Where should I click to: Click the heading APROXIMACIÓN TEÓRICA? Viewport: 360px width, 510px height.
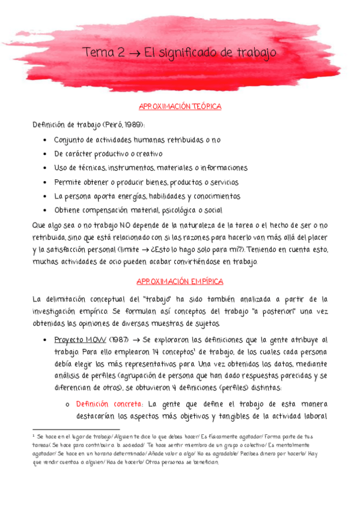coord(180,106)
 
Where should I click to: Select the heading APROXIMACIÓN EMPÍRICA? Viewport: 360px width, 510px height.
coord(180,281)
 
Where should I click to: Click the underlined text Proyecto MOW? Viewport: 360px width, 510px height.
coord(79,339)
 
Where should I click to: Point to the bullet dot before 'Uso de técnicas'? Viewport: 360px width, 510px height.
coord(46,168)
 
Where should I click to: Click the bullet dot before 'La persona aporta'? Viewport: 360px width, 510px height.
coord(46,196)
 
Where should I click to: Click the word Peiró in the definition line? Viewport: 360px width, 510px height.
coord(108,124)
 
